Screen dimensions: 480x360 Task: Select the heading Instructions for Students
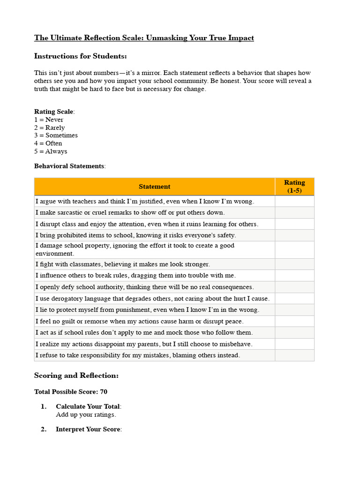(x=80, y=56)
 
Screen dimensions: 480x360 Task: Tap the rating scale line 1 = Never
(x=49, y=120)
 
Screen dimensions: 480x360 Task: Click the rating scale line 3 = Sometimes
(x=56, y=135)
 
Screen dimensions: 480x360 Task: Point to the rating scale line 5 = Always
(x=51, y=151)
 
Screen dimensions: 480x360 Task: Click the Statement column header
(x=154, y=187)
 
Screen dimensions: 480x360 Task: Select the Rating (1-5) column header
(x=294, y=187)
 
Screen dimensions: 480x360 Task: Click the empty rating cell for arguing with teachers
(x=294, y=202)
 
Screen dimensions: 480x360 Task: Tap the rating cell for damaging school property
(x=294, y=250)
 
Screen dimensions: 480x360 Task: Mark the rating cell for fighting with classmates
(x=294, y=264)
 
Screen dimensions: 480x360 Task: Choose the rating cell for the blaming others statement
(x=294, y=355)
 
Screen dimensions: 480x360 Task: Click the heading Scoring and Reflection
(x=76, y=376)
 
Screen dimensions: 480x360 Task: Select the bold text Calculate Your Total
(x=88, y=407)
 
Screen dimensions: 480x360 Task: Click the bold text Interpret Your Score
(x=88, y=429)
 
